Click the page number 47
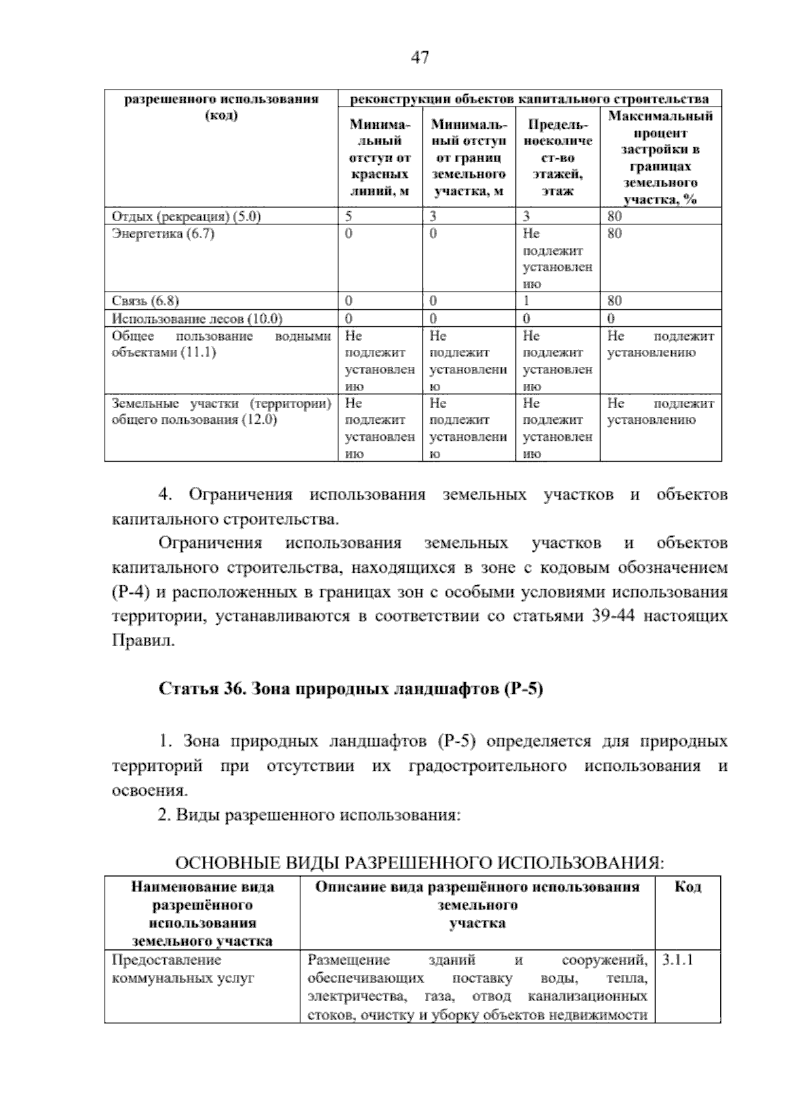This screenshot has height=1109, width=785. (420, 58)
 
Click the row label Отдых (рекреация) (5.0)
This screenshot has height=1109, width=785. (186, 216)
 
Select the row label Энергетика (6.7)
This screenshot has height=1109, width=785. (164, 233)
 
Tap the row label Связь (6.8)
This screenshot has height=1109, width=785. (145, 301)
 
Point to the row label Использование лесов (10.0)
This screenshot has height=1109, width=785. (197, 318)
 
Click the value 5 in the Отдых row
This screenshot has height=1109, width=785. (349, 216)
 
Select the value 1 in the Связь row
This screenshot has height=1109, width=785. (526, 301)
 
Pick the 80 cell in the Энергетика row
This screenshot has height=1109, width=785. (614, 233)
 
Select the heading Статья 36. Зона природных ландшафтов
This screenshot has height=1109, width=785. (351, 689)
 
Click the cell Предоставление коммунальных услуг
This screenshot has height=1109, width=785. (183, 969)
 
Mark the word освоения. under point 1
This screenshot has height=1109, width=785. (150, 791)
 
